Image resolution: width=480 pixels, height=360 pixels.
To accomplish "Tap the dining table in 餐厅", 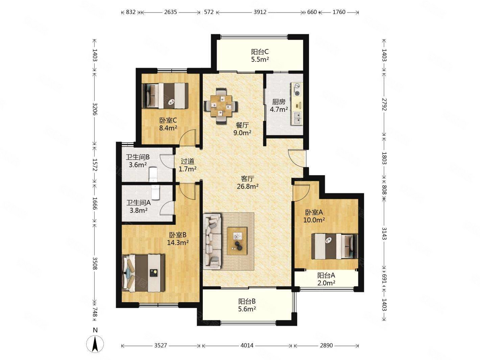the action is pyautogui.click(x=221, y=106).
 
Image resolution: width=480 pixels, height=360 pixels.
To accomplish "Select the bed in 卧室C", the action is pyautogui.click(x=165, y=96).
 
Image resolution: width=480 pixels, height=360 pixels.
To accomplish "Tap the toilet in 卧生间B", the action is pyautogui.click(x=153, y=174).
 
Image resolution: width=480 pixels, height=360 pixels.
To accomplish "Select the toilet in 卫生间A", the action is pyautogui.click(x=155, y=192).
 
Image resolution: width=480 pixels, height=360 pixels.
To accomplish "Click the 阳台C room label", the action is pyautogui.click(x=260, y=52).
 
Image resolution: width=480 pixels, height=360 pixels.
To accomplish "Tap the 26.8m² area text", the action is pyautogui.click(x=248, y=187).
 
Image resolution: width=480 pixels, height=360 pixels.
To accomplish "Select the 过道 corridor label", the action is pyautogui.click(x=188, y=161).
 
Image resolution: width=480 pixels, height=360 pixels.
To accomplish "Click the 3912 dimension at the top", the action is pyautogui.click(x=260, y=12).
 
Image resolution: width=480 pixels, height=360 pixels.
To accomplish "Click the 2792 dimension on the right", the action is pyautogui.click(x=384, y=104).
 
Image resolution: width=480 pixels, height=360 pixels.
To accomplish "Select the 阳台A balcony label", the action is pyautogui.click(x=326, y=275).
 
